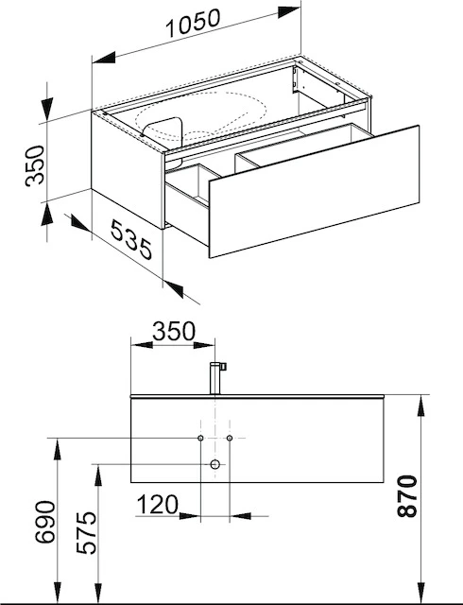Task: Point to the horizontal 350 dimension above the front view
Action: point(173,332)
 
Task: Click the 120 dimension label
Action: point(158,505)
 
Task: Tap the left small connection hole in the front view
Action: point(201,439)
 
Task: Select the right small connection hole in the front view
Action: point(230,439)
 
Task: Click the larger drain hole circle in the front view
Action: point(215,464)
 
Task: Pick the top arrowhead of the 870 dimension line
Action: point(420,398)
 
